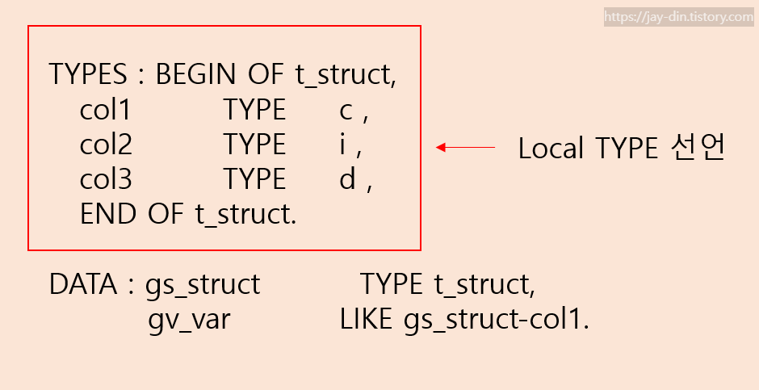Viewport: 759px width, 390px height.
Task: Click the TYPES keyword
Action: (87, 74)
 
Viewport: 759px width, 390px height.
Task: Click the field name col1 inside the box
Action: (105, 110)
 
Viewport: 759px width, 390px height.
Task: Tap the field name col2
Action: (106, 145)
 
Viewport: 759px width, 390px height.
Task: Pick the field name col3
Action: (106, 179)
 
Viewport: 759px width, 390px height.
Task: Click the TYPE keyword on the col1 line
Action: (254, 110)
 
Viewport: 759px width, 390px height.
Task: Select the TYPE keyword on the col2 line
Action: (254, 145)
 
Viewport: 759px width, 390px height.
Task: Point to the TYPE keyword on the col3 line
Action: (254, 179)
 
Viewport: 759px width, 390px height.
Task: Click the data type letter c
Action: (346, 111)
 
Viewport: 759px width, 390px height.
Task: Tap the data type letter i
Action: (342, 145)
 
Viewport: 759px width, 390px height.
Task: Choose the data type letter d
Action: (347, 179)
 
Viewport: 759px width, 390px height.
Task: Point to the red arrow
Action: (466, 148)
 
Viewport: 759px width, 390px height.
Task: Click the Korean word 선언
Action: (699, 148)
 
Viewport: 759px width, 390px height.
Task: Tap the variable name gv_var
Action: (189, 320)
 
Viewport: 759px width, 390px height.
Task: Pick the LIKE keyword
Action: (367, 320)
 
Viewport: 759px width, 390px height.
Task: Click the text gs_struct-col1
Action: (497, 320)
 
